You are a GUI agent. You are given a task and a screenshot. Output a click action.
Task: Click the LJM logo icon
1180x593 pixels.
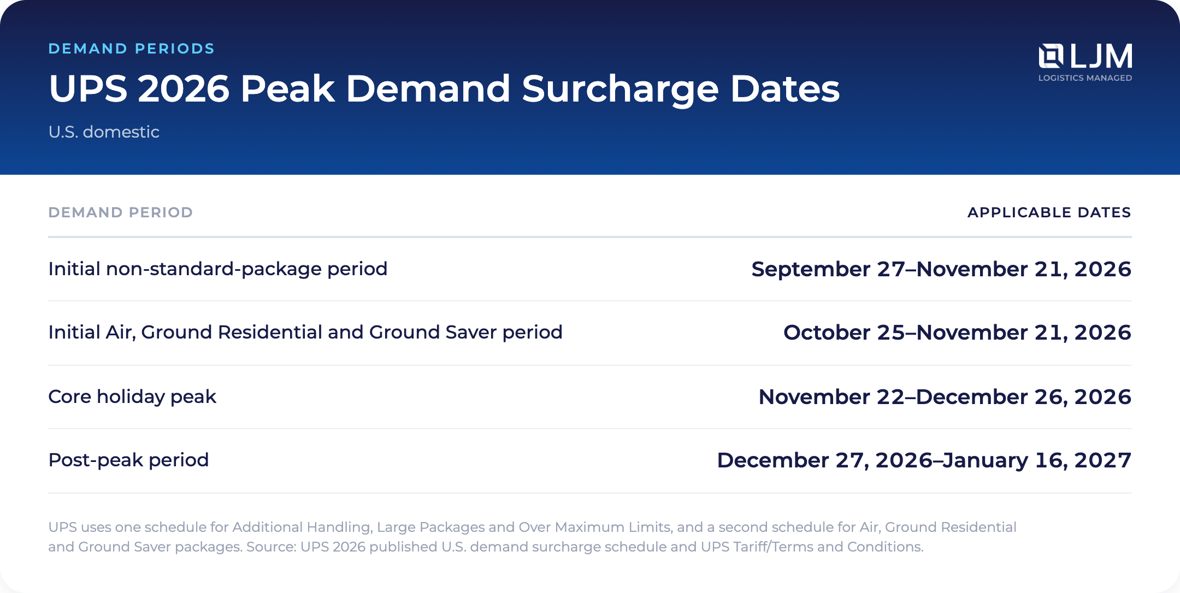(1051, 56)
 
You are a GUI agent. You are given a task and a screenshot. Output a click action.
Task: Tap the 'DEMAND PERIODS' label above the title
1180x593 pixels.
(132, 49)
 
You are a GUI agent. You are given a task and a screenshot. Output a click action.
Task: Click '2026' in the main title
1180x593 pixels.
(184, 88)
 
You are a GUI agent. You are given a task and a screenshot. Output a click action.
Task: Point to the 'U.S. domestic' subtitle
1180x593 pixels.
(104, 132)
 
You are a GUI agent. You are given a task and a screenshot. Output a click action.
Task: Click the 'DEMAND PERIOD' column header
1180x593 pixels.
(121, 212)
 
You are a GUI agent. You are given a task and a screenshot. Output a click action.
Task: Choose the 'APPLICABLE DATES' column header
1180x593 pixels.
(1049, 212)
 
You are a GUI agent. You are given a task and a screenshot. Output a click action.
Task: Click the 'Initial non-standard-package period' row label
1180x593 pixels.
(218, 269)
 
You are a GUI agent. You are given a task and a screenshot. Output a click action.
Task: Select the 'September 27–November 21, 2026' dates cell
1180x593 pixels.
(941, 269)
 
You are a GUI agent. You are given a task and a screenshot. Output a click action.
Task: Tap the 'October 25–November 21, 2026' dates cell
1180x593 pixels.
(957, 333)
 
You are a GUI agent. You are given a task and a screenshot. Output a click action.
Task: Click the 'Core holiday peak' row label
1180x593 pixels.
(132, 397)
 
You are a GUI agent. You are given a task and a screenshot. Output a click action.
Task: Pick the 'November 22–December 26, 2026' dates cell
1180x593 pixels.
(945, 397)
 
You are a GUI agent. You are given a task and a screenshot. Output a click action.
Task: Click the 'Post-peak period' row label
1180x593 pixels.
(128, 460)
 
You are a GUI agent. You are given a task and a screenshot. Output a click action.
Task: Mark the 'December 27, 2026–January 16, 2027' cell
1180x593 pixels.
(924, 460)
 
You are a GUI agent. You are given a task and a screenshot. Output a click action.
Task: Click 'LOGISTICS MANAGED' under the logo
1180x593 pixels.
(1085, 78)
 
